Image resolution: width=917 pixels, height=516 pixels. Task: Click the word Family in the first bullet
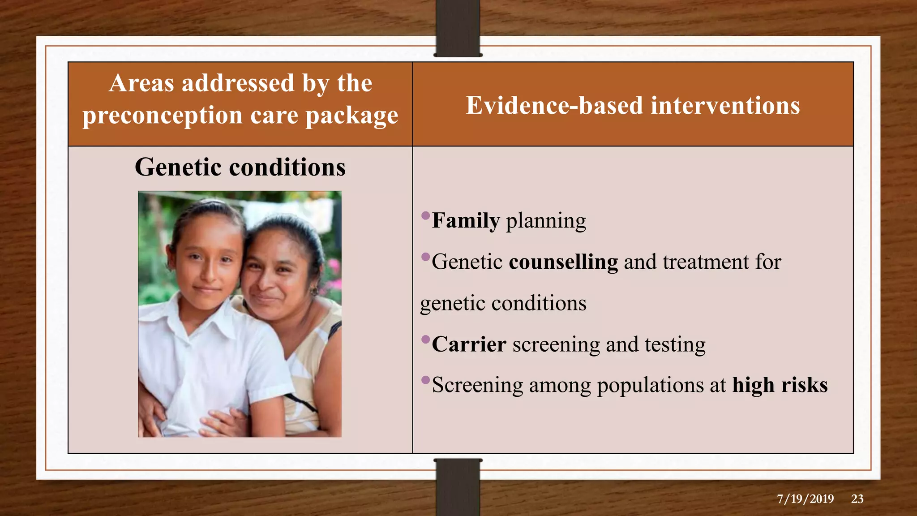pos(466,221)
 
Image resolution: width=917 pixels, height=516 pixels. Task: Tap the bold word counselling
pos(563,262)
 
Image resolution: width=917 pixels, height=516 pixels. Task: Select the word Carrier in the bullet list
pos(469,344)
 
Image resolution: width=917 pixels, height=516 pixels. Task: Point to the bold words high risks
pos(780,385)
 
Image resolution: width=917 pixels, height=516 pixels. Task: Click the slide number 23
pos(857,499)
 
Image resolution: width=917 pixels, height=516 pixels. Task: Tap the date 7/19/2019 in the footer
pos(806,499)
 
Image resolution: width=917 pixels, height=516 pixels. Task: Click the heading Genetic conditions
pos(240,167)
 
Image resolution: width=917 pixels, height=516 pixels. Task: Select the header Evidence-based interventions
pos(633,106)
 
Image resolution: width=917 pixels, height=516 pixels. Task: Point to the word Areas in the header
pos(141,83)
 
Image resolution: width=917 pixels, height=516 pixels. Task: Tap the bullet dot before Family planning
pos(426,216)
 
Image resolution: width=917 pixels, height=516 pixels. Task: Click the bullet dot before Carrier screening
pos(426,339)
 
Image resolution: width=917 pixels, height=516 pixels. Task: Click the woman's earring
pos(315,292)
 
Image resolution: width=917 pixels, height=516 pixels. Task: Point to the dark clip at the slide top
pos(458,29)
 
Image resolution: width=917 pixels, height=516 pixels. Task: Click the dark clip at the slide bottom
pos(458,487)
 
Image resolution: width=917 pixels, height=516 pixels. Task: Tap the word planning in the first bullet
pos(546,221)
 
